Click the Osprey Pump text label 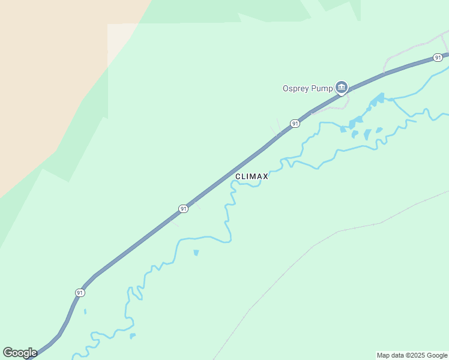pyautogui.click(x=307, y=88)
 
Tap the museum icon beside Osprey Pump pyautogui.click(x=341, y=88)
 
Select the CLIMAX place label pyautogui.click(x=252, y=176)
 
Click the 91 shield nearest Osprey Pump pyautogui.click(x=295, y=123)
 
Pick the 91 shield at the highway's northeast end pyautogui.click(x=438, y=58)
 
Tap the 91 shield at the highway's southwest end pyautogui.click(x=80, y=292)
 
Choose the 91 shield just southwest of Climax pyautogui.click(x=183, y=208)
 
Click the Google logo pyautogui.click(x=20, y=353)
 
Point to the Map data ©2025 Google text pyautogui.click(x=412, y=355)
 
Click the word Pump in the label pyautogui.click(x=322, y=88)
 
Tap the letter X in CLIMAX pyautogui.click(x=265, y=176)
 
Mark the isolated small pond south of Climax pyautogui.click(x=196, y=253)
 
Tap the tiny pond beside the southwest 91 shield pyautogui.click(x=85, y=311)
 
